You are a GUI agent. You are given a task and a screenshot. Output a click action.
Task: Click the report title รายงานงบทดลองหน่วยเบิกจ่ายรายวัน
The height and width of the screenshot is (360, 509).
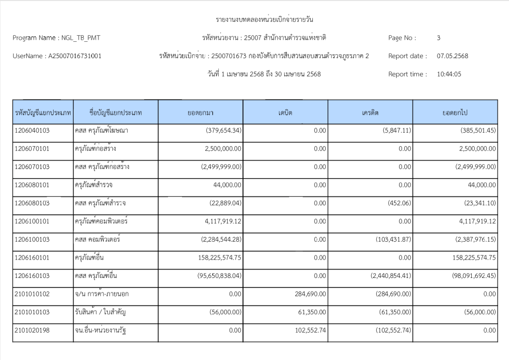click(x=264, y=20)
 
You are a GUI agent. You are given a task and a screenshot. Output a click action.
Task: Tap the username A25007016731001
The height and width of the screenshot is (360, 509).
click(x=75, y=56)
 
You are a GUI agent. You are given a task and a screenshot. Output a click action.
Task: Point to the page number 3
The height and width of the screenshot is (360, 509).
click(x=438, y=38)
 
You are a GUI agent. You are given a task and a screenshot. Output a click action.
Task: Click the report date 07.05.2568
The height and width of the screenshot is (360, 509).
click(x=452, y=56)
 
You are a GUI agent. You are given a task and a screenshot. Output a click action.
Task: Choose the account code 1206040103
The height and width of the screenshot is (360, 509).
click(x=33, y=131)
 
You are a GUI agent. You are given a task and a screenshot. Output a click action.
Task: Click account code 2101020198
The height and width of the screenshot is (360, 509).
click(x=33, y=330)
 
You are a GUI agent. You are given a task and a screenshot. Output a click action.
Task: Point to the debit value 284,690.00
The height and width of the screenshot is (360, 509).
click(x=309, y=294)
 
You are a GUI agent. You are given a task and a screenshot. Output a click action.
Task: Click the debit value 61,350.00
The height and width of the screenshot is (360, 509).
click(x=311, y=312)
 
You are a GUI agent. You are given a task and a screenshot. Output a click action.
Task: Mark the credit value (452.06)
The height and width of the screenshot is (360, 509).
click(x=398, y=203)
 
